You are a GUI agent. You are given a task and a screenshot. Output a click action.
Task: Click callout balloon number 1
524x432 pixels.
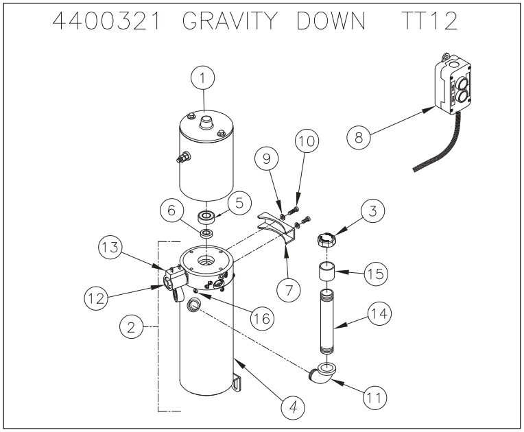202,80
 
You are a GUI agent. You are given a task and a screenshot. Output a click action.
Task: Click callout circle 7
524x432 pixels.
289,289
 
